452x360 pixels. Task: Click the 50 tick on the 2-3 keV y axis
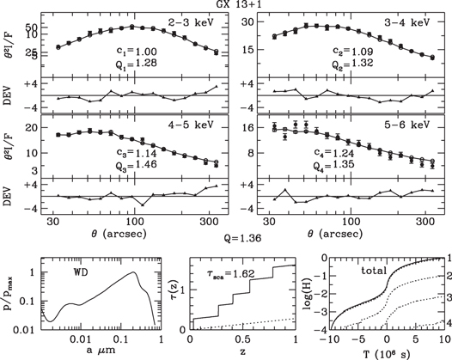pos(40,28)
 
